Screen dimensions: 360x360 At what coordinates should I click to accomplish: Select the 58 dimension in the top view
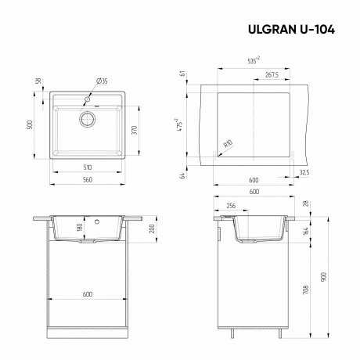pyautogui.click(x=38, y=82)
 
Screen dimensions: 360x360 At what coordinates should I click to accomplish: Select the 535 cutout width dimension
pyautogui.click(x=254, y=58)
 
